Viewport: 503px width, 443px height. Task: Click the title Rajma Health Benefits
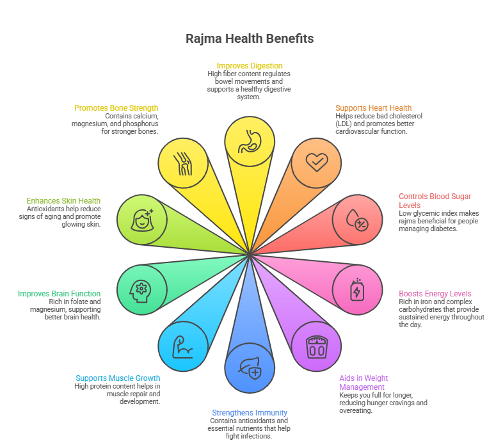tap(250, 38)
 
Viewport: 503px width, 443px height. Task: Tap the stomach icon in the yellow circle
tap(250, 141)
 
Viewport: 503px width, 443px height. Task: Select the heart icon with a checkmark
tap(317, 162)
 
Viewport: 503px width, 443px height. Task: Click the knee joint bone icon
tap(183, 163)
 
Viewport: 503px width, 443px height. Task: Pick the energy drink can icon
tap(357, 289)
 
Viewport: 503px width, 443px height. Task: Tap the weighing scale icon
tap(317, 347)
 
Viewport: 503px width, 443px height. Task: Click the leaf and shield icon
tap(250, 369)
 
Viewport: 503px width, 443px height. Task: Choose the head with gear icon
tap(141, 291)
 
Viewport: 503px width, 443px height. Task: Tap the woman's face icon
tap(142, 220)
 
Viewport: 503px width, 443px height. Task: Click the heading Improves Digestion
tap(250, 66)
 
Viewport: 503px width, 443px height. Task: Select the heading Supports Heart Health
tap(373, 108)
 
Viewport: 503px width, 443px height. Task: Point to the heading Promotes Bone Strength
tap(116, 108)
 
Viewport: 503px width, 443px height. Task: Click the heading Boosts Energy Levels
tap(435, 293)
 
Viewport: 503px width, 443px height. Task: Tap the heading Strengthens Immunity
tap(250, 412)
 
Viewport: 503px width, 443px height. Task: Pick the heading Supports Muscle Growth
tap(118, 378)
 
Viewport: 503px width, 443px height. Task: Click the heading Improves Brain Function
tap(59, 293)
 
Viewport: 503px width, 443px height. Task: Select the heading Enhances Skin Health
tap(63, 200)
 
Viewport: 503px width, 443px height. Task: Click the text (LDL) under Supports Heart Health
tap(344, 124)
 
